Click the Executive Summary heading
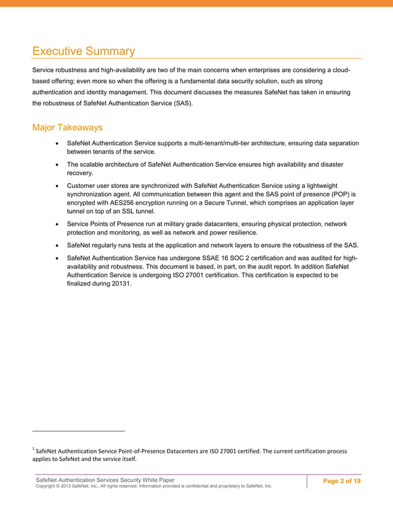[83, 51]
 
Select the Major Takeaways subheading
[67, 128]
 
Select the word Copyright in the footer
[49, 486]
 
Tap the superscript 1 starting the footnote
[33, 447]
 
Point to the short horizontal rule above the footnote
[78, 430]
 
